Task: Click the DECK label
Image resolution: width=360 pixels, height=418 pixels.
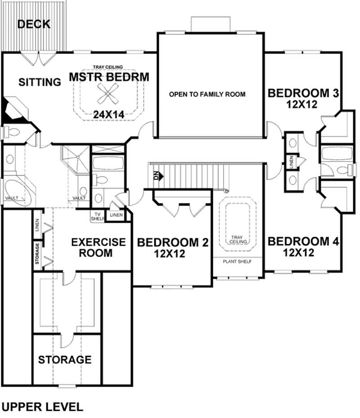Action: (34, 24)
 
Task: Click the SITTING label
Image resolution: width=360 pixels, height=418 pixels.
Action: (40, 82)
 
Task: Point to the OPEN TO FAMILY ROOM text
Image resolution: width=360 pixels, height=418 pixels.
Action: (207, 94)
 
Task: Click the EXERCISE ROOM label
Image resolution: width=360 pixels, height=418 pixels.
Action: (98, 247)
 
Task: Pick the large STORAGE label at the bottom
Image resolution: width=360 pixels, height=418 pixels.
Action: (64, 360)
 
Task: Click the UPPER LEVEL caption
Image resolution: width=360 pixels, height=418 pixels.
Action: (42, 407)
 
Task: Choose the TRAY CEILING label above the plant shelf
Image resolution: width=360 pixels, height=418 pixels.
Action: (237, 239)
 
